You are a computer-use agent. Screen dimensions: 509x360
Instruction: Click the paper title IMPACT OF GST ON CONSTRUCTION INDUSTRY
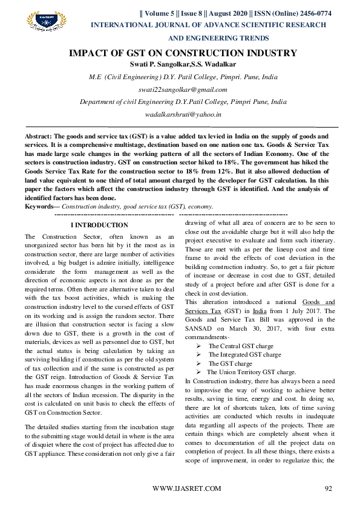183,53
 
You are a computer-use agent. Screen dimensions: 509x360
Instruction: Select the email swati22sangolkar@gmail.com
183,89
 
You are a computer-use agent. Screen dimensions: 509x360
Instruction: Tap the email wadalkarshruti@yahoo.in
183,114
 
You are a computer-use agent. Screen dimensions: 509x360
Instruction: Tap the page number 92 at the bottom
329,488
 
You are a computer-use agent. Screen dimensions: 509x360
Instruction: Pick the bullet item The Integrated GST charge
244,355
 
